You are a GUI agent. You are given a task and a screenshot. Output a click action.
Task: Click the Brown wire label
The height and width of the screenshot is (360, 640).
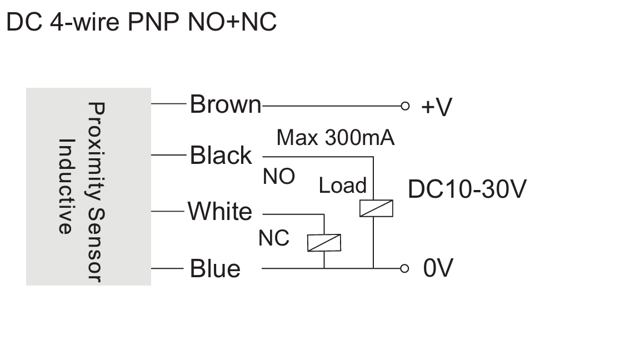226,104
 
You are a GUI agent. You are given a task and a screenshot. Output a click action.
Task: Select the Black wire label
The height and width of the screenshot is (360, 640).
221,155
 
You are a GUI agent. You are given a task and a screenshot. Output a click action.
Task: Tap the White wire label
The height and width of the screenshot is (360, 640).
220,212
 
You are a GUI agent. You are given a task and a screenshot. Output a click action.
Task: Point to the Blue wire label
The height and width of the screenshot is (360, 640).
215,268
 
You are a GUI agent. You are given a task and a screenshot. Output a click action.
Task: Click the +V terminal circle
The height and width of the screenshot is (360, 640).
405,106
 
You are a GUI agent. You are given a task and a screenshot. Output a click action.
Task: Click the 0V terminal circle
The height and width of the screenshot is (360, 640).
404,268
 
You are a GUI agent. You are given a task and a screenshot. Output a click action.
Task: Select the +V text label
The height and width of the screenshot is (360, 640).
436,107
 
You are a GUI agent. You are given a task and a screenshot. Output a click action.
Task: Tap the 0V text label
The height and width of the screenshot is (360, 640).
438,268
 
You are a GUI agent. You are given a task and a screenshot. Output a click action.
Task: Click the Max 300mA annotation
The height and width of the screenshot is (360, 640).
336,138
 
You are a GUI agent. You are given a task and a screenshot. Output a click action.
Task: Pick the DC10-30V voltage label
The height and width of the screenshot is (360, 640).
467,189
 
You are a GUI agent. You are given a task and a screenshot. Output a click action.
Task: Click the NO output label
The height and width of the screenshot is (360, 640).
279,177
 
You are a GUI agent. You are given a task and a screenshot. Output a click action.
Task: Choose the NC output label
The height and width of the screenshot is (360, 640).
274,238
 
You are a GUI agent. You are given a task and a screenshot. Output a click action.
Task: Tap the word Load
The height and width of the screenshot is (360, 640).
342,186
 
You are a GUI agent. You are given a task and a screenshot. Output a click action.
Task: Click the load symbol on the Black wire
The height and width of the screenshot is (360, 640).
376,208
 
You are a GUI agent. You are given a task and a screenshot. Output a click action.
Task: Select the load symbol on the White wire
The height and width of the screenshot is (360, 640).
324,243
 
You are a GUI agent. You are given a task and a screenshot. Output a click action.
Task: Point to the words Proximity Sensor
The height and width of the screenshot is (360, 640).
97,192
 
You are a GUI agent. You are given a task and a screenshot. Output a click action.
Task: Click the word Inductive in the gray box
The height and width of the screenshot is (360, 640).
66,186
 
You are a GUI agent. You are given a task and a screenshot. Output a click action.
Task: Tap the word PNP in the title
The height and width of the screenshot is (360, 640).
153,22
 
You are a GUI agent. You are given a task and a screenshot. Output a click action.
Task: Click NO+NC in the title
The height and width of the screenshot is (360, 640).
232,22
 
